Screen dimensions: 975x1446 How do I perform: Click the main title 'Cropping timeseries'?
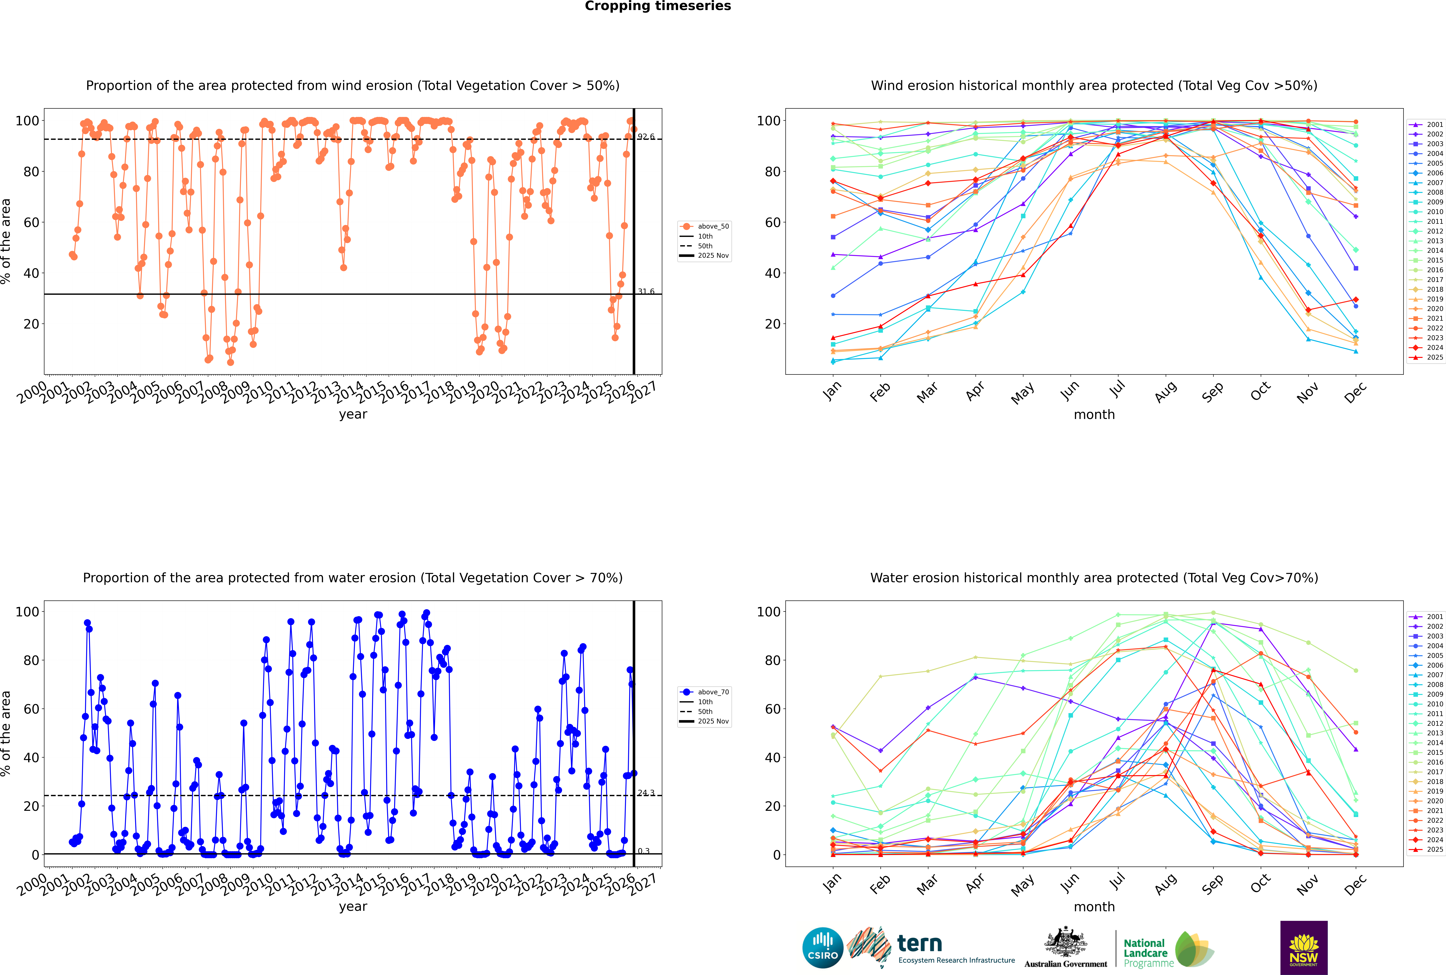click(658, 6)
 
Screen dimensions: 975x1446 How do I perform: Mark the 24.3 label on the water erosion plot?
click(646, 793)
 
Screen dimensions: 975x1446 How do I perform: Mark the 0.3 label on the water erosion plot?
click(643, 851)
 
